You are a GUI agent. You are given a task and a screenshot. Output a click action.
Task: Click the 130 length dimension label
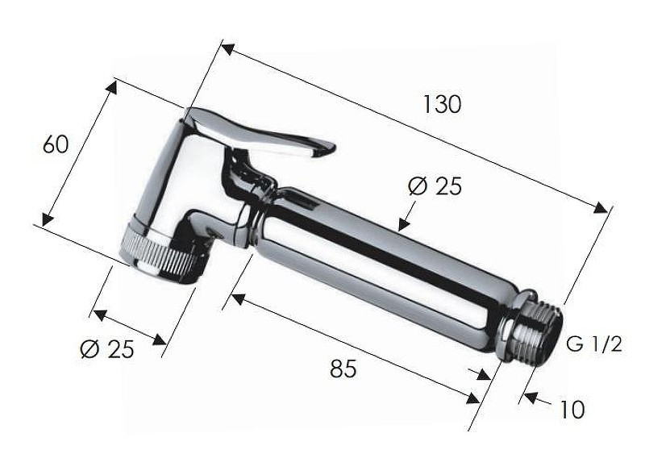coord(442,104)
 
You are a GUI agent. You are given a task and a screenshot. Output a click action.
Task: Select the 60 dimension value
coord(56,144)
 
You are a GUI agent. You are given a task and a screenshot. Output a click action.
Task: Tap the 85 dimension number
coord(343,369)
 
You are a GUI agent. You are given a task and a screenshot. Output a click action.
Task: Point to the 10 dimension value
coord(572,409)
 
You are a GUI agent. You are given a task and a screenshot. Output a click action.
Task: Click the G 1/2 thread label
coord(594,344)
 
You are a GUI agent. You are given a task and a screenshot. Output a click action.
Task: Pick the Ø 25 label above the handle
coord(435,186)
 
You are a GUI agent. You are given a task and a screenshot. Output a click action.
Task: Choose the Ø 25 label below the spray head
coord(107,349)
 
